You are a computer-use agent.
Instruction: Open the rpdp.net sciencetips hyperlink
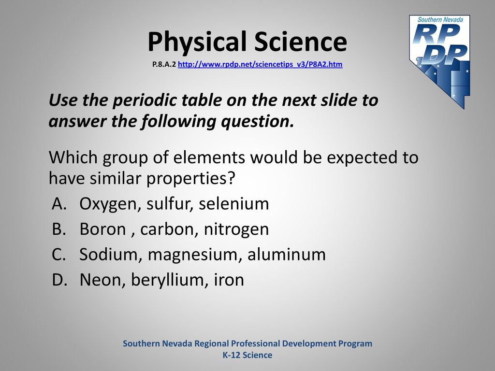[x=260, y=64]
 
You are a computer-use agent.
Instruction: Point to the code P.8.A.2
[x=164, y=64]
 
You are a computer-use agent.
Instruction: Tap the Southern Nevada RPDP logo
[x=440, y=61]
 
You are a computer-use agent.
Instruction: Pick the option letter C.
[x=59, y=254]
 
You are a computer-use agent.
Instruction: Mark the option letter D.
[x=59, y=280]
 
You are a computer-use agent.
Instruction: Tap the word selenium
[x=233, y=204]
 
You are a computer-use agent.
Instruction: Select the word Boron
[x=102, y=229]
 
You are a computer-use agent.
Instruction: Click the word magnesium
[x=192, y=256]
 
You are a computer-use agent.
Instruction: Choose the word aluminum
[x=286, y=254]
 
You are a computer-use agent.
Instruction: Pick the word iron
[x=229, y=280]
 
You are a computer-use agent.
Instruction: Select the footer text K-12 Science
[x=247, y=355]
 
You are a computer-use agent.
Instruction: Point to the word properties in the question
[x=190, y=179]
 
